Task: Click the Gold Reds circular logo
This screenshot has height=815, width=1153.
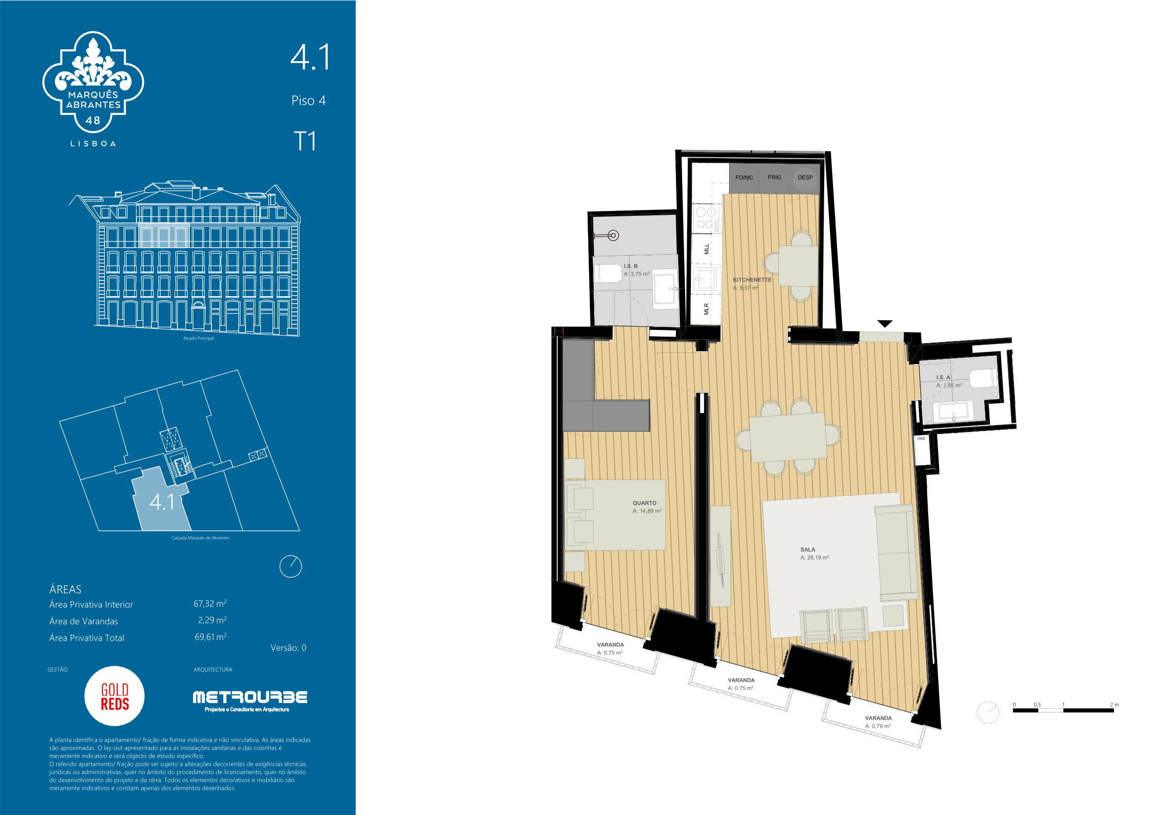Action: [x=114, y=696]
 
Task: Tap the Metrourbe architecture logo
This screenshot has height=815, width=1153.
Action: [x=250, y=701]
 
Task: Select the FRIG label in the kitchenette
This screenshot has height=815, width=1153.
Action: [x=774, y=177]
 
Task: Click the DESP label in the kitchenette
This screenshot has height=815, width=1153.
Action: [x=805, y=178]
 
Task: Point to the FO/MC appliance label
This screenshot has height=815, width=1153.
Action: [x=744, y=178]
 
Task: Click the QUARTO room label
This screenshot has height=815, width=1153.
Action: [x=644, y=503]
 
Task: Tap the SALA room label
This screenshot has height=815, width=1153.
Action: [x=807, y=549]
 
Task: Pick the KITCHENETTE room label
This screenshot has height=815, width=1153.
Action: [x=752, y=279]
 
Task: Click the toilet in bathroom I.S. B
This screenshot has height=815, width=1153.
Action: [x=608, y=273]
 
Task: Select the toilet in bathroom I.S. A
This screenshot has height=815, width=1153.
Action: [x=982, y=378]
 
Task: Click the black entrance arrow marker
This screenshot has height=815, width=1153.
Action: [x=885, y=324]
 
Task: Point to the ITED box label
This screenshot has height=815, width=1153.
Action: [x=920, y=439]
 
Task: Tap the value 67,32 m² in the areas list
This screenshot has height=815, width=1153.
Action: [x=210, y=603]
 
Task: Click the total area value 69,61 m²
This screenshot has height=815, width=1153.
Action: [x=210, y=637]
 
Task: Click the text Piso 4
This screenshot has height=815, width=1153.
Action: [x=308, y=101]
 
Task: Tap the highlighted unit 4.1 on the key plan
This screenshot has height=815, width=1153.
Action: [x=162, y=502]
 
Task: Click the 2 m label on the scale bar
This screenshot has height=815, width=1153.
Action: [x=1115, y=705]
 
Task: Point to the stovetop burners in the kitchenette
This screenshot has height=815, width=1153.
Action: [x=704, y=218]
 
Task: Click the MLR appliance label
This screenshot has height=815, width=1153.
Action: [x=706, y=308]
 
